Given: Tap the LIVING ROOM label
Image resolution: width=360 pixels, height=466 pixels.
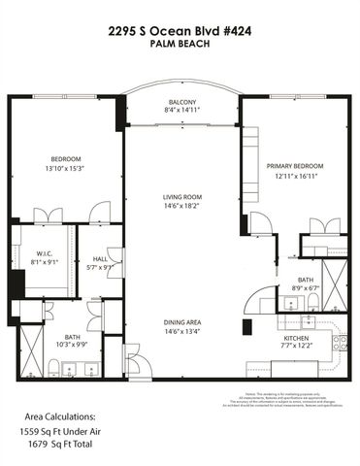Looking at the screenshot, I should (x=180, y=197).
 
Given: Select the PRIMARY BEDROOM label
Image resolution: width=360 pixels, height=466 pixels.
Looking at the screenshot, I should (x=295, y=166).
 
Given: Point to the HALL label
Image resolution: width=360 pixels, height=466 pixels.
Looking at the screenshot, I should (x=100, y=259).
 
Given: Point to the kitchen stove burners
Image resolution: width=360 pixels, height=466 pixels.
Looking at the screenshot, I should (x=340, y=341).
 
